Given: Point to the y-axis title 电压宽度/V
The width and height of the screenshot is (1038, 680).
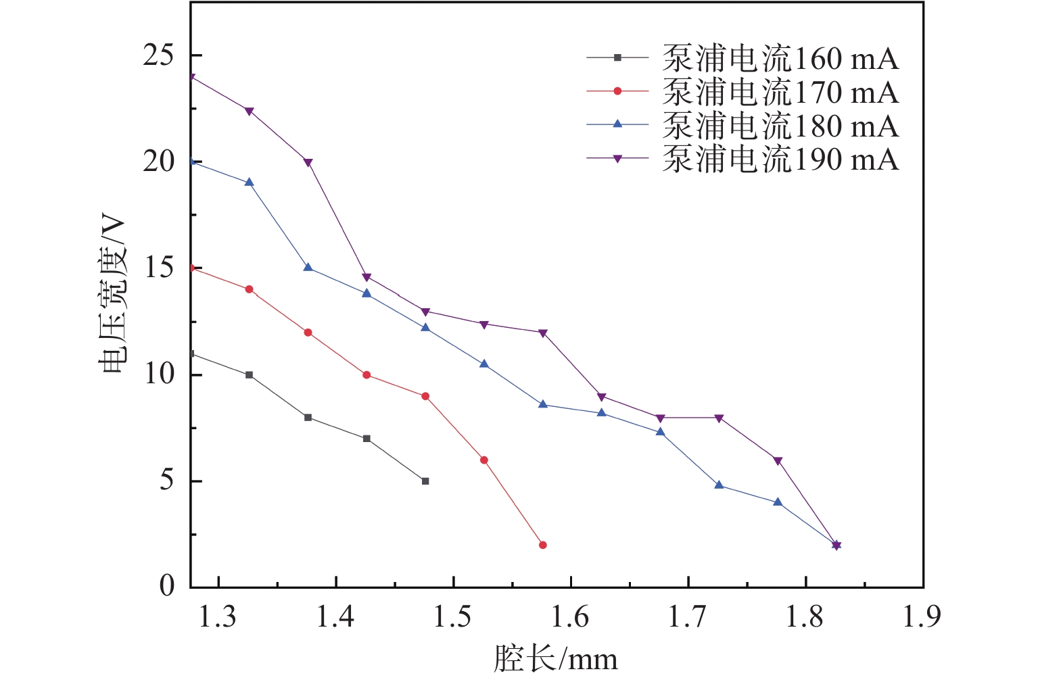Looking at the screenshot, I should (x=113, y=292).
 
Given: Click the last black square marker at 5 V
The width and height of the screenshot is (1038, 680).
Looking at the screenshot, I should (x=425, y=481).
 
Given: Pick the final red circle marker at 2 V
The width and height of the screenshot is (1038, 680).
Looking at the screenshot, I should (x=542, y=545).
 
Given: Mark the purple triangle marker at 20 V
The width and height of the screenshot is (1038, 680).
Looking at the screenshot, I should (x=308, y=162).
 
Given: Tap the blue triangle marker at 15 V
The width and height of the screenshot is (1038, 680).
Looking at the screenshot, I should (x=308, y=268).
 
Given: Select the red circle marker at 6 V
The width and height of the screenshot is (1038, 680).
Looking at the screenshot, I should (x=484, y=460).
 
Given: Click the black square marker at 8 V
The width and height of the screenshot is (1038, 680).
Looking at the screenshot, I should (x=308, y=418).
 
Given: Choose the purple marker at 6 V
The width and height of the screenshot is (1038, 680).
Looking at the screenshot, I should (x=778, y=461).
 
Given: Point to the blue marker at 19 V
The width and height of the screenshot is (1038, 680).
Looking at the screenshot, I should (x=250, y=183).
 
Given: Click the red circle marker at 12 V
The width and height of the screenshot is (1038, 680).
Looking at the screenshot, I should (x=308, y=333).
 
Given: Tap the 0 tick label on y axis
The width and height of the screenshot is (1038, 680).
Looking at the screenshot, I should (x=166, y=586).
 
